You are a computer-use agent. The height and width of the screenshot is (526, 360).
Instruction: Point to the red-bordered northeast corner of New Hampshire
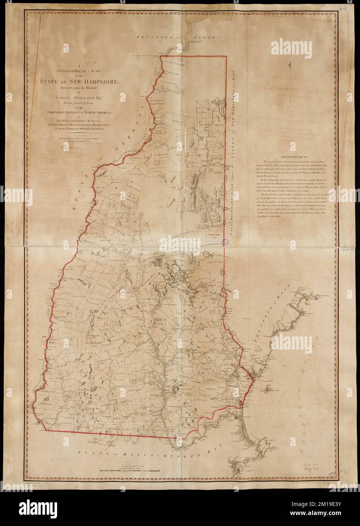[x=226, y=56]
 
